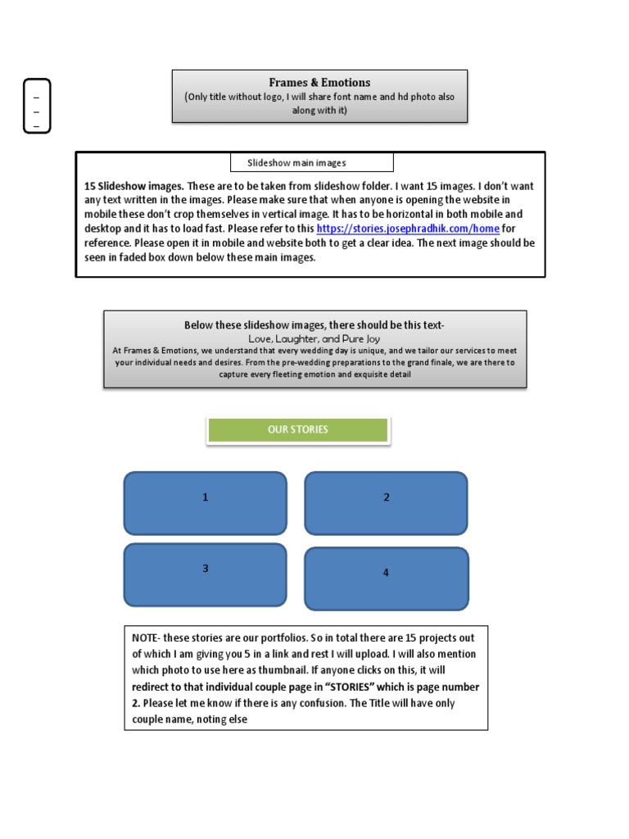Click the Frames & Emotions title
(319, 83)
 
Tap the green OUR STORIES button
(297, 429)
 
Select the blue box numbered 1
(205, 502)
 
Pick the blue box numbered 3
(205, 574)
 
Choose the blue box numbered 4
(386, 578)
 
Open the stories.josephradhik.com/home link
(407, 229)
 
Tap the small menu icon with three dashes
(36, 106)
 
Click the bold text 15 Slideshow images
(133, 186)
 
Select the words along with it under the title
(318, 111)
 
